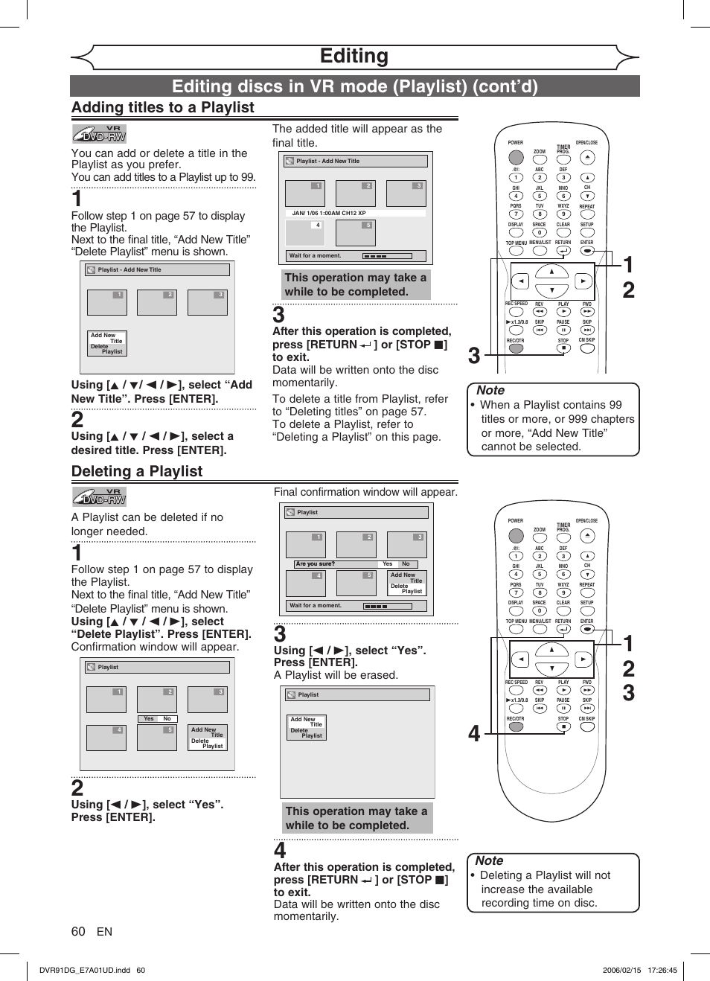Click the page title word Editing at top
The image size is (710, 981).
354,57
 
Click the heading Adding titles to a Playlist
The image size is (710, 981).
162,108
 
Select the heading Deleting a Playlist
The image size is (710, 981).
137,471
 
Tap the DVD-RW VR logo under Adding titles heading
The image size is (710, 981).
99,134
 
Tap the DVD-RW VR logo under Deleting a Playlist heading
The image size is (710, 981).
99,497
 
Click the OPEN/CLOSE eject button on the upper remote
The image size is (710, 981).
587,158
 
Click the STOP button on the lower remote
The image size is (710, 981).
563,726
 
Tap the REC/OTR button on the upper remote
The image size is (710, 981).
516,348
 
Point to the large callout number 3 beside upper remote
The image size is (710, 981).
474,357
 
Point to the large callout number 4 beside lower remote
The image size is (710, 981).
474,735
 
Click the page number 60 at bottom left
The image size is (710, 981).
78,932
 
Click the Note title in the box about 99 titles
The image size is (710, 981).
490,391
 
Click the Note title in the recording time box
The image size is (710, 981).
489,861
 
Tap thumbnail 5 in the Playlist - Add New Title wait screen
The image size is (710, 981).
356,233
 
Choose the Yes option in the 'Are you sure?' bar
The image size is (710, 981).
388,564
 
